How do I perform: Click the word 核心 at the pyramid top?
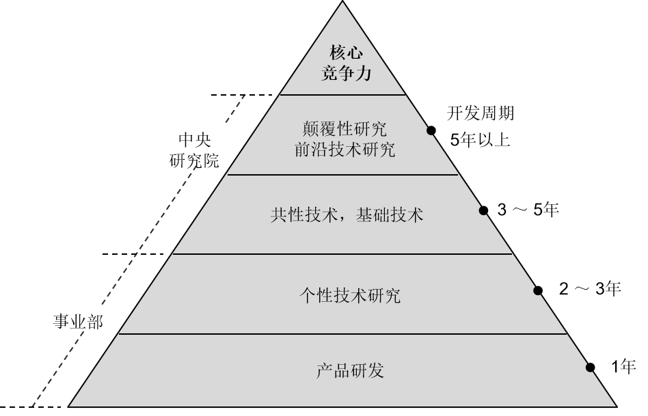(x=345, y=53)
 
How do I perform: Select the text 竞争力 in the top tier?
(x=345, y=73)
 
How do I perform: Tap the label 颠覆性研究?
(x=344, y=128)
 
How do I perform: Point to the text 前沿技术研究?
(x=344, y=150)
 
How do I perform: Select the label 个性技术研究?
(x=349, y=295)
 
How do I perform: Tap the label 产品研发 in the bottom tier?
(x=349, y=370)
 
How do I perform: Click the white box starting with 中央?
(x=194, y=143)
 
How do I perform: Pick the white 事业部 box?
(x=77, y=319)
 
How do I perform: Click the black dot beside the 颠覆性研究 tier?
(x=431, y=130)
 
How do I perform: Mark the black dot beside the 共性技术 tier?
(x=483, y=210)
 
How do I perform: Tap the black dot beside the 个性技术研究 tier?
(x=537, y=291)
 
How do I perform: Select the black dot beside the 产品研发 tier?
(x=589, y=368)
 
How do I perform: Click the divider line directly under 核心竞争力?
(x=342, y=94)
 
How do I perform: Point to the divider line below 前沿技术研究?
(x=342, y=174)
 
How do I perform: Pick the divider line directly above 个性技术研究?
(x=342, y=253)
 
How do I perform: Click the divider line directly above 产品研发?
(x=342, y=333)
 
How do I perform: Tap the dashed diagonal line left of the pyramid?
(x=137, y=253)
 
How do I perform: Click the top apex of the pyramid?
(x=342, y=4)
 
